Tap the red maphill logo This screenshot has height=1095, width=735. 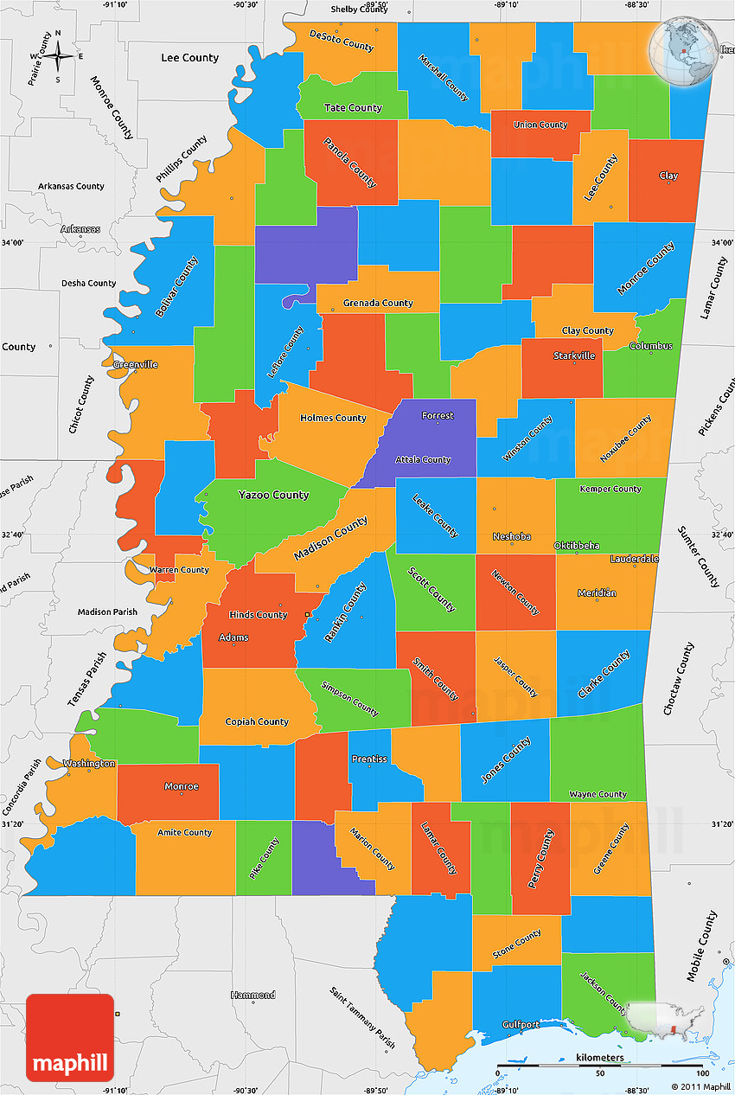click(70, 1037)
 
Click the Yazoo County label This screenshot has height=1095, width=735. click(273, 495)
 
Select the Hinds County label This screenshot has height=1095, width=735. click(258, 615)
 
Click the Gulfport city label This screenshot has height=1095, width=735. click(521, 1025)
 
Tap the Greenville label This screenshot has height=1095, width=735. click(135, 364)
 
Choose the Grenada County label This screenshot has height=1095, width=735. click(378, 304)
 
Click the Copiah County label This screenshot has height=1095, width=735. click(257, 721)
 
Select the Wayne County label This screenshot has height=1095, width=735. click(598, 794)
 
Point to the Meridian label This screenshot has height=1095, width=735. click(598, 592)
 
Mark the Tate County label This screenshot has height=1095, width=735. click(353, 108)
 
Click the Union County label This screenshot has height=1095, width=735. click(540, 125)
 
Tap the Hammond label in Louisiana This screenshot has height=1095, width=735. click(252, 995)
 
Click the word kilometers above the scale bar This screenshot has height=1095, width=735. click(600, 1058)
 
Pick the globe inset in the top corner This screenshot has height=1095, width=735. click(684, 52)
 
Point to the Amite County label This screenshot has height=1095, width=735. click(184, 832)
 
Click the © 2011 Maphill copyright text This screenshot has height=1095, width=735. click(700, 1086)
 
